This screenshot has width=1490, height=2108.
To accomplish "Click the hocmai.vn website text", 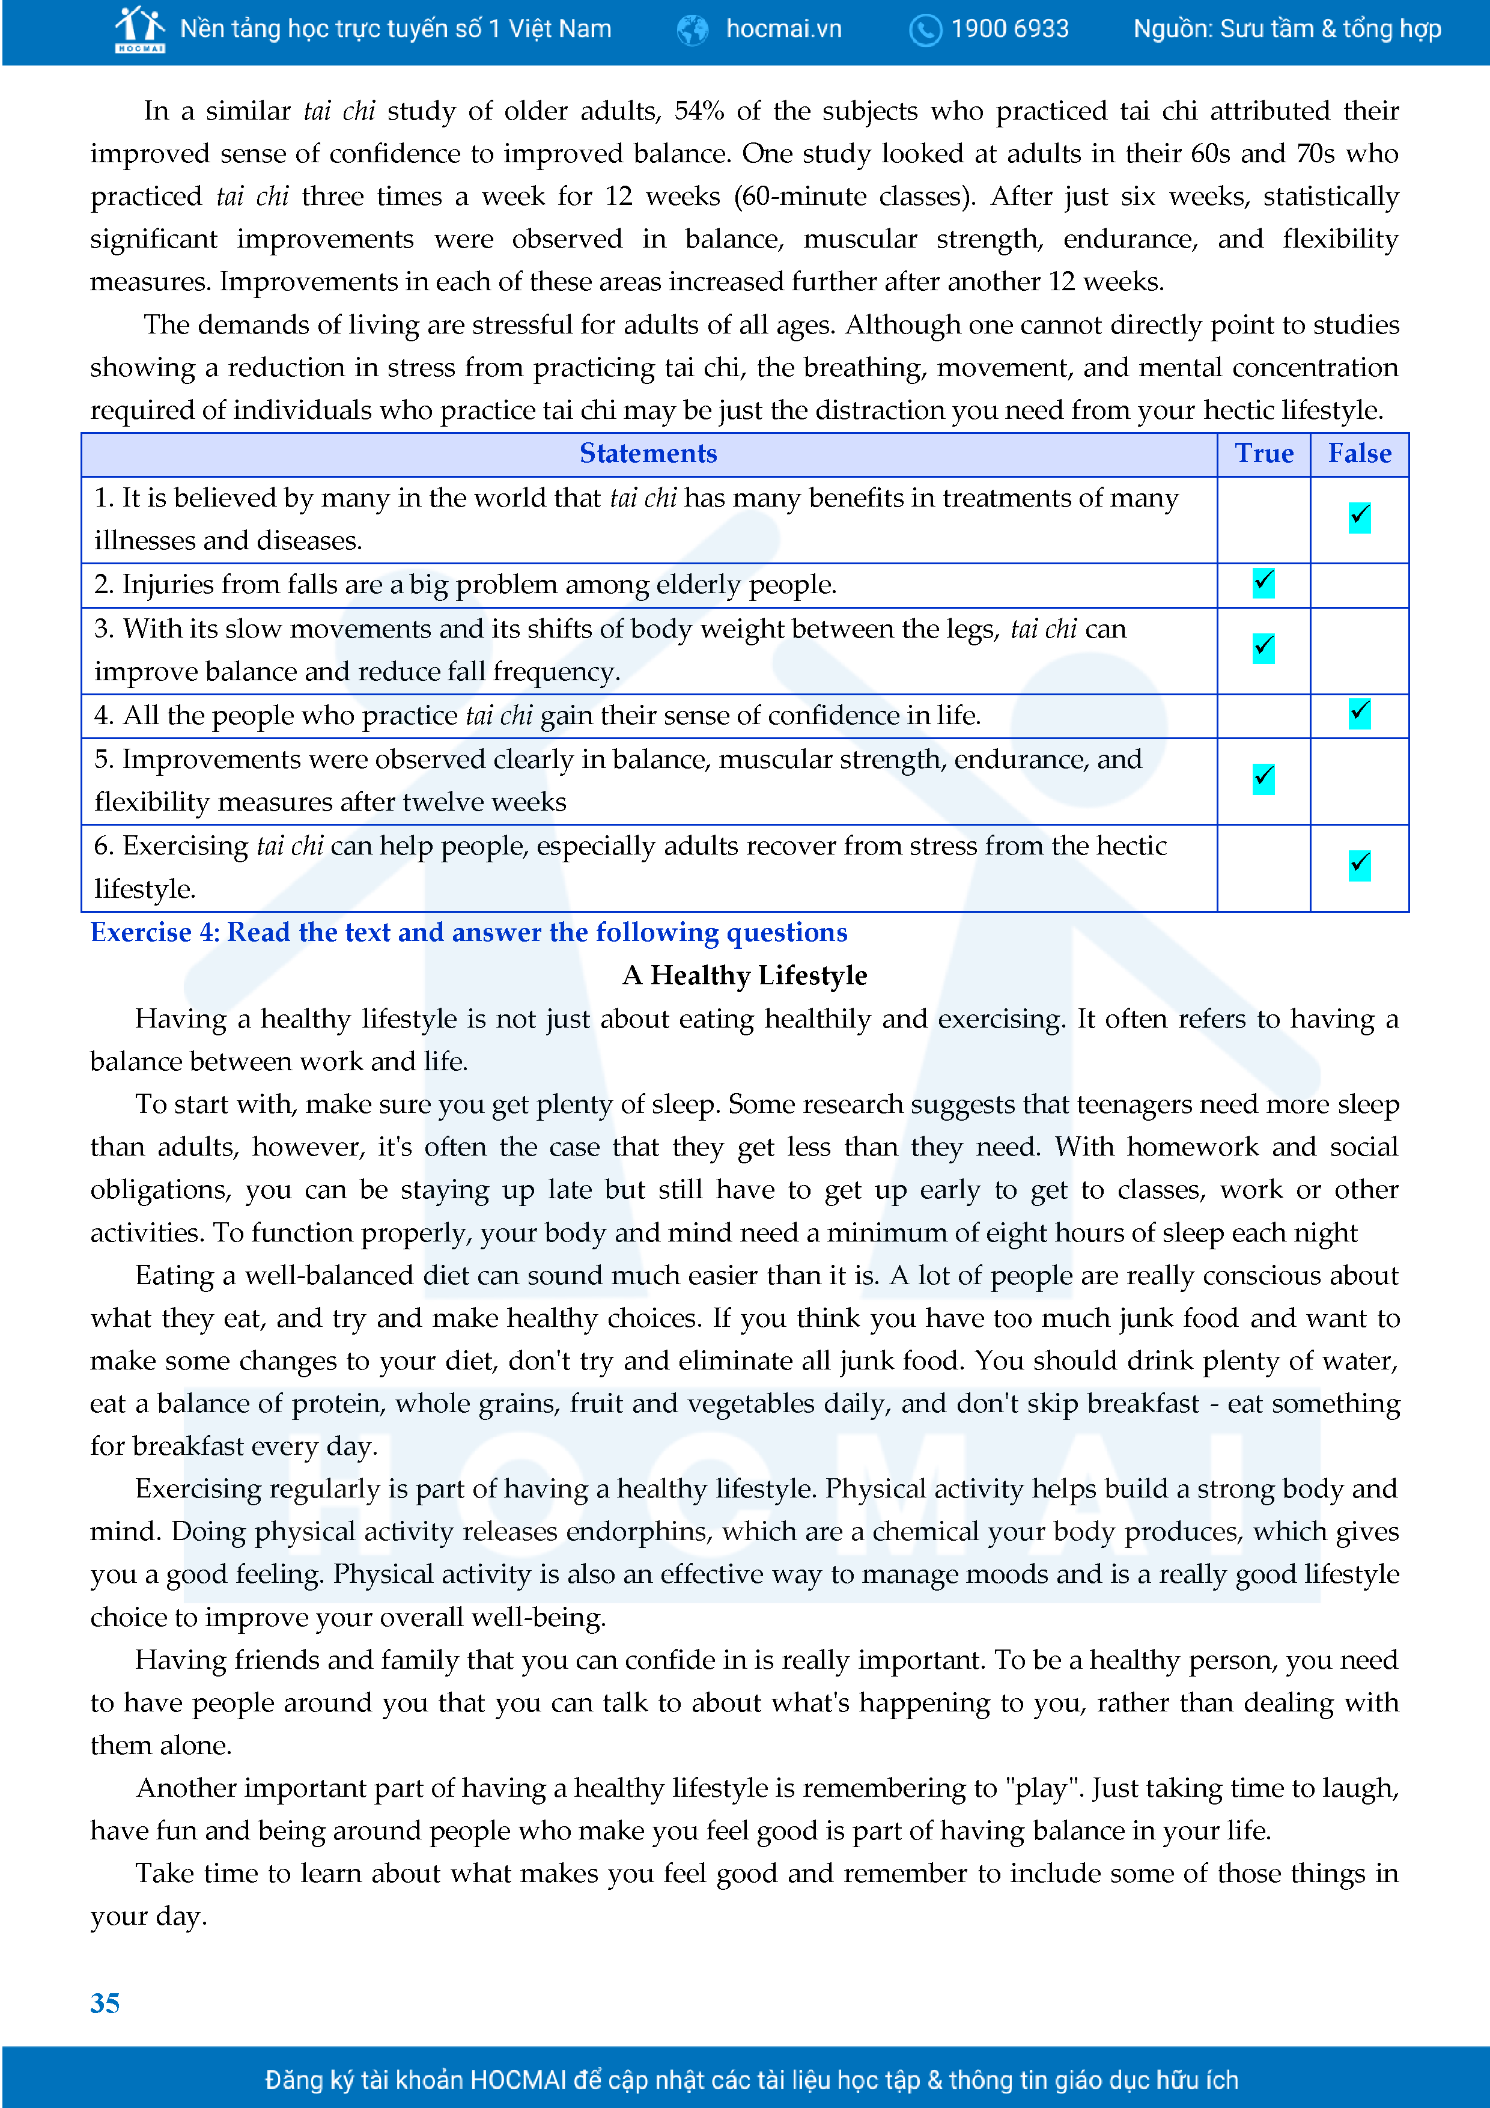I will tap(783, 29).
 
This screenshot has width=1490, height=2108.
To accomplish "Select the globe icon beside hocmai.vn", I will tap(692, 30).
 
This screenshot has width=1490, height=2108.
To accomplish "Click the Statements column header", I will tap(648, 454).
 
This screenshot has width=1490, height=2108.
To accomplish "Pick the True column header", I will tap(1263, 454).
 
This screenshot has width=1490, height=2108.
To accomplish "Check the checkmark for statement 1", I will tap(1360, 518).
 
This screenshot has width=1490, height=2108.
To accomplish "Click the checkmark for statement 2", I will tap(1263, 583).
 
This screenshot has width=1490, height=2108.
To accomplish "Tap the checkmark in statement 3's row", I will tap(1263, 648).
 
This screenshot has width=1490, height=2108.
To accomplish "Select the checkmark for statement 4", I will tap(1360, 713).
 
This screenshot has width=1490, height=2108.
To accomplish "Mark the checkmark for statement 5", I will tap(1263, 779).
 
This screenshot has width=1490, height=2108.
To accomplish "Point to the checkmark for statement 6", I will tap(1360, 865).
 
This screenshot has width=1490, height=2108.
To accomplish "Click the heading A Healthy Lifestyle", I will tap(744, 975).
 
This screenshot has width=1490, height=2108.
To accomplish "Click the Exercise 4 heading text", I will tap(468, 932).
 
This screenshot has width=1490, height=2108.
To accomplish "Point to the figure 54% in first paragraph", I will tap(699, 111).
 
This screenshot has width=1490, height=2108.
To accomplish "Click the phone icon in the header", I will tap(925, 30).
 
